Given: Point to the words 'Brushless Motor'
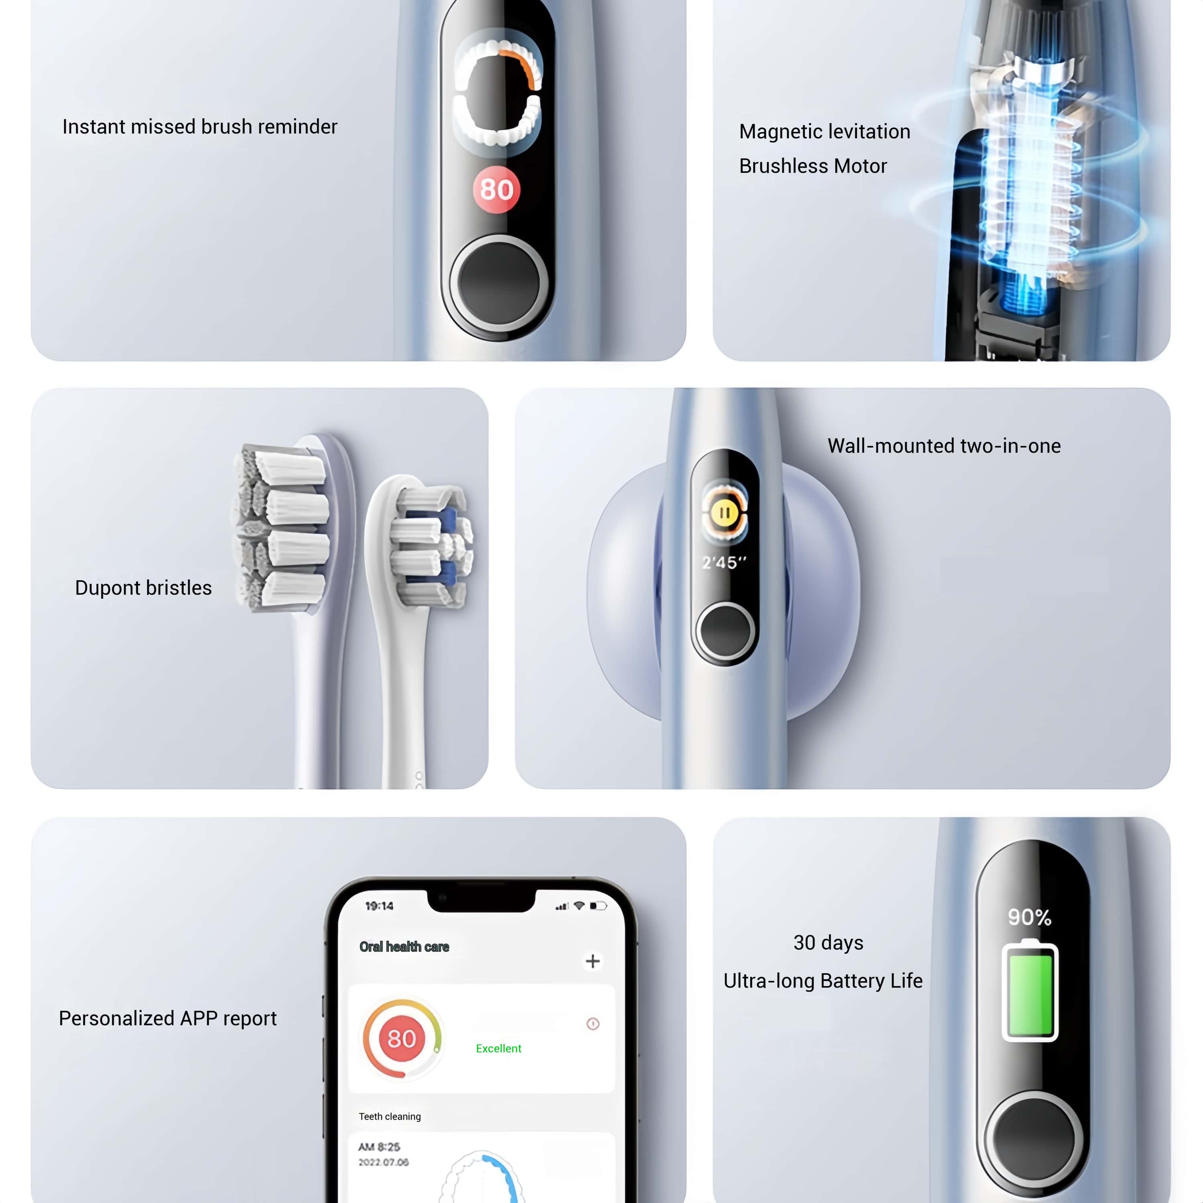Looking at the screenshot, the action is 812,166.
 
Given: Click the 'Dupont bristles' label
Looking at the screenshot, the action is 143,588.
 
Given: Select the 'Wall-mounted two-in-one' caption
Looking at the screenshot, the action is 944,446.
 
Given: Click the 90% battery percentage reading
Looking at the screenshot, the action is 1030,917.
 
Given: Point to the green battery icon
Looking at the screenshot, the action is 1030,990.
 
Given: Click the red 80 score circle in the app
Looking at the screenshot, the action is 402,1039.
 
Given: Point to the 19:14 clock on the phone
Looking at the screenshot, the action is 379,906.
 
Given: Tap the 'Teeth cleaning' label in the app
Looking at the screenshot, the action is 390,1116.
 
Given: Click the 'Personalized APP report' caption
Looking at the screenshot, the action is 168,1019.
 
